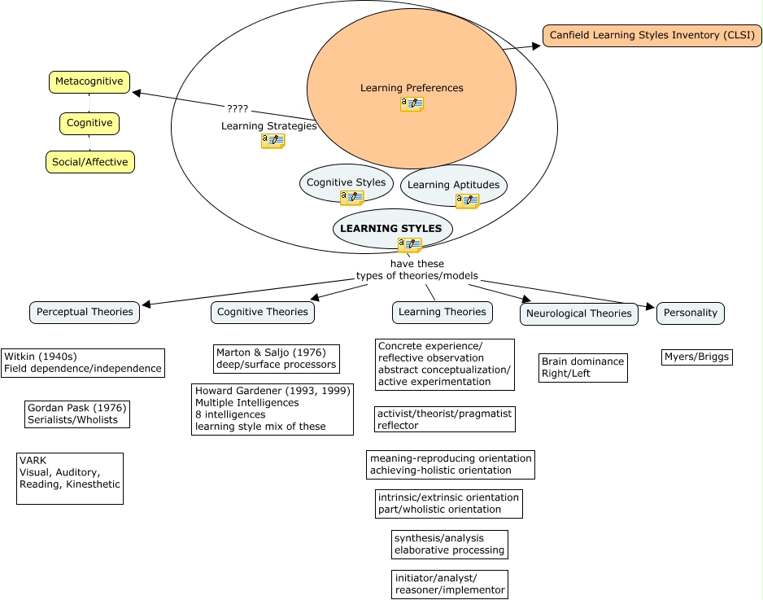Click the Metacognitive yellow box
(89, 81)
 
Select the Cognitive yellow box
(89, 123)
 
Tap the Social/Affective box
(89, 162)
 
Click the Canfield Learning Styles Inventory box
(652, 35)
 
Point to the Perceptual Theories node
(85, 312)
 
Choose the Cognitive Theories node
(263, 312)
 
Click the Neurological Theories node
(578, 313)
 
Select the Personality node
(690, 313)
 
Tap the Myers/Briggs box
(697, 357)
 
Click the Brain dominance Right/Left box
(582, 368)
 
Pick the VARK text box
(70, 478)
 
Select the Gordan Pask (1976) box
(77, 414)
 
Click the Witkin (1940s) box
(83, 362)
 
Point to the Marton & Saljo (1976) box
(276, 358)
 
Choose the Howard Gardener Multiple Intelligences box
(272, 409)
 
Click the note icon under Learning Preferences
(412, 104)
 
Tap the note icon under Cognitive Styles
(351, 198)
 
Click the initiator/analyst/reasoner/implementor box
(449, 584)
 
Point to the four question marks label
(238, 109)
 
